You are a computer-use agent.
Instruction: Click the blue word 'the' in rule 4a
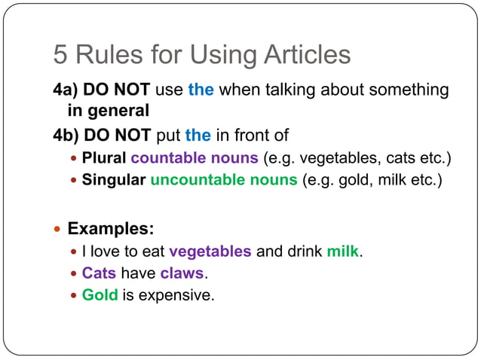pos(201,90)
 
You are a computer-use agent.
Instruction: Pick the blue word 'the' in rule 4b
pos(198,136)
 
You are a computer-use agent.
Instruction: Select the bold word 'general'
pos(121,111)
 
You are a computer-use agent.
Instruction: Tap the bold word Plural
pos(104,159)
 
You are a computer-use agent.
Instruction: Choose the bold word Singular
pos(114,180)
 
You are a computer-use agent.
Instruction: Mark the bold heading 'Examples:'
pos(111,228)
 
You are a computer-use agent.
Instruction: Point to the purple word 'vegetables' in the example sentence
pos(210,252)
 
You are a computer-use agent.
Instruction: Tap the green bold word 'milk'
pos(343,252)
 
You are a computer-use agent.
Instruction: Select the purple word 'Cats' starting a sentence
pos(99,273)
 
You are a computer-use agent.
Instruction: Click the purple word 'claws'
pos(182,273)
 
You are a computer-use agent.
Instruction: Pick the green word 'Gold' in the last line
pos(100,294)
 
